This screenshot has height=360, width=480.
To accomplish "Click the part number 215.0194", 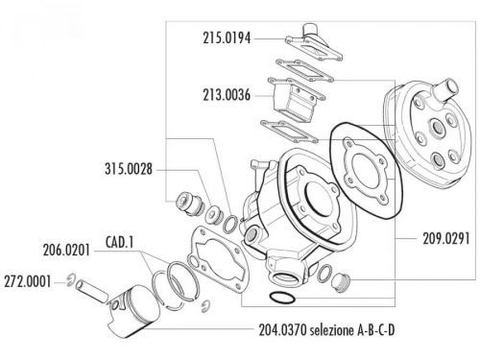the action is [227, 38].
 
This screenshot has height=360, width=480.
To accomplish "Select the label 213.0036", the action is [227, 95].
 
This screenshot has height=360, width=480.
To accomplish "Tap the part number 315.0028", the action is [129, 169].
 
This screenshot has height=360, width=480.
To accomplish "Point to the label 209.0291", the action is [446, 238].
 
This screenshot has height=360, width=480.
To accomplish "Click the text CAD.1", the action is [119, 242].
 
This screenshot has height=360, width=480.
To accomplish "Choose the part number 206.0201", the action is [66, 250].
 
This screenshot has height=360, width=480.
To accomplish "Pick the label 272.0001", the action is [28, 282].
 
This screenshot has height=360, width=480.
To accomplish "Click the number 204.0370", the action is [283, 330].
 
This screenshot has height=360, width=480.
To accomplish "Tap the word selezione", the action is [331, 330].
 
